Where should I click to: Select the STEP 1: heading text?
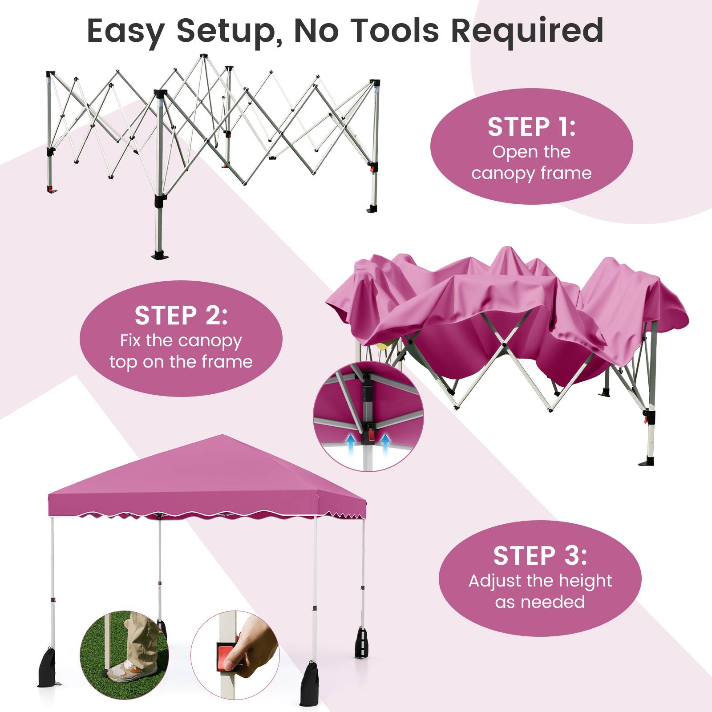[531, 127]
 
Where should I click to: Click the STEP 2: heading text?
[181, 316]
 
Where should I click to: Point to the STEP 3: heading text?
[540, 556]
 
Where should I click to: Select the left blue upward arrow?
[352, 443]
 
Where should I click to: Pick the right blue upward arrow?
[385, 443]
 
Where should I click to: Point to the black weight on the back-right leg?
[361, 642]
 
